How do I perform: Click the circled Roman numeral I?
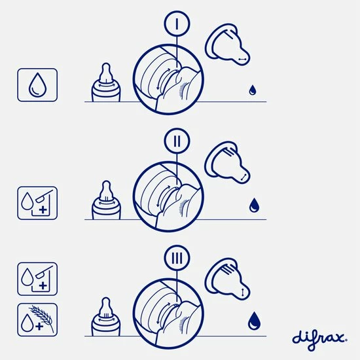tap(177, 24)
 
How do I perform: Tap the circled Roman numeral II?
tap(177, 141)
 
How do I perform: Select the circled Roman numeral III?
tap(177, 258)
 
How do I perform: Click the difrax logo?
tap(319, 339)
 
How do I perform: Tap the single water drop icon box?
tap(37, 84)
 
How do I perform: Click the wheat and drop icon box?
tap(37, 320)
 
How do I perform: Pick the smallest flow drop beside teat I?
tap(252, 90)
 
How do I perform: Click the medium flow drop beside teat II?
tap(254, 205)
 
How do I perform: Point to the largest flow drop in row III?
tap(254, 321)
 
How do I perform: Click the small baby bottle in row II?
tap(106, 200)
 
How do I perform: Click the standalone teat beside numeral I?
tap(227, 45)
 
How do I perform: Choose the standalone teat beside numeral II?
tap(227, 162)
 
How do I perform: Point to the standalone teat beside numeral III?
tap(227, 279)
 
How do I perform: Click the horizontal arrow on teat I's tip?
tap(242, 59)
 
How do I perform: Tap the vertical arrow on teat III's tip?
tap(243, 293)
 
